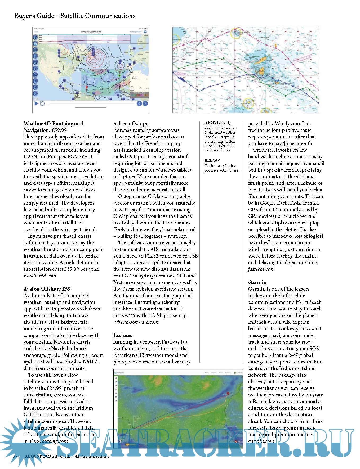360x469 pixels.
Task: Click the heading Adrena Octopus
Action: (132, 123)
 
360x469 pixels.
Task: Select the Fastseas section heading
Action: (123, 335)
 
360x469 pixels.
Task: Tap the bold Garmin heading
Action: (257, 282)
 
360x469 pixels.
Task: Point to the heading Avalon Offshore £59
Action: (47, 289)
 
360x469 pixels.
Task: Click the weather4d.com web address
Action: (40, 276)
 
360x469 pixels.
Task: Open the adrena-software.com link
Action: (136, 322)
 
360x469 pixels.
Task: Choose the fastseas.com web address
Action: (261, 269)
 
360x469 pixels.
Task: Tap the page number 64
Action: (15, 457)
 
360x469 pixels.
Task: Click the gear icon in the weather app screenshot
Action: (145, 32)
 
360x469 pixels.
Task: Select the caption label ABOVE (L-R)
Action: (217, 123)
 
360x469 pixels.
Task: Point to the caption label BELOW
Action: (212, 160)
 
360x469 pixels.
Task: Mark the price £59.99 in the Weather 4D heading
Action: (56, 130)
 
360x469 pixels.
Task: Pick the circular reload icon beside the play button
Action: (42, 103)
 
